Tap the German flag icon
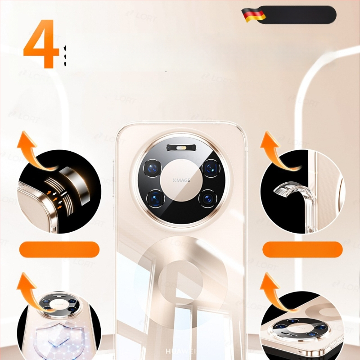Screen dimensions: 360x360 254,15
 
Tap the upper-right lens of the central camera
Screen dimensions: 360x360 209,168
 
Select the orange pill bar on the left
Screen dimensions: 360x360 59,249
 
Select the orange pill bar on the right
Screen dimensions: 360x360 302,249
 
